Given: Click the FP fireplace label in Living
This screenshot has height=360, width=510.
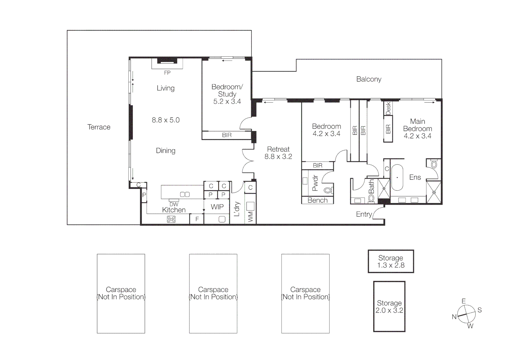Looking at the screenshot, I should (167, 73).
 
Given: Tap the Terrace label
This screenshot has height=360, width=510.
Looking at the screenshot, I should (99, 127).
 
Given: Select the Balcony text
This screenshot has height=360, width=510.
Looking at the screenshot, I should (369, 79).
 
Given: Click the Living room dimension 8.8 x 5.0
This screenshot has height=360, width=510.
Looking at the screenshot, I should (166, 120).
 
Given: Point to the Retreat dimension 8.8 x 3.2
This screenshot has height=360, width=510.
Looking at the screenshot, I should (278, 157).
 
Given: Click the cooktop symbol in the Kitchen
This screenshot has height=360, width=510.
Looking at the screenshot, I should (171, 219).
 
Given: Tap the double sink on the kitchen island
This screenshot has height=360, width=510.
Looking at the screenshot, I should (185, 194).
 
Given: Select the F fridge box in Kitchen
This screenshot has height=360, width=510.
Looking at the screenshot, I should (197, 219).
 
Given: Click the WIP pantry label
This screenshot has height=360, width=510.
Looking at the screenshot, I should (217, 207).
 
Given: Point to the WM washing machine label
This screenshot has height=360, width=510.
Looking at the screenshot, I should (250, 217).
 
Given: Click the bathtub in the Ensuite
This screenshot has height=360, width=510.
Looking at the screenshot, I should (397, 177).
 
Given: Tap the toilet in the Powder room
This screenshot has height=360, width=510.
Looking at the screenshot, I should (328, 190).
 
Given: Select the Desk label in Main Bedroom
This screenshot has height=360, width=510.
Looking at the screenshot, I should (388, 109).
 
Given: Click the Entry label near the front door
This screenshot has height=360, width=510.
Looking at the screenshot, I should (364, 214).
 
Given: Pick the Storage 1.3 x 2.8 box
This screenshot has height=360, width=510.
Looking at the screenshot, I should (391, 261).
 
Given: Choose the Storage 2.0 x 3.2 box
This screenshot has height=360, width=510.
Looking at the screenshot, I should (389, 307).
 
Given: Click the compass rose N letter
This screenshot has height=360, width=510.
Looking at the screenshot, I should (454, 317).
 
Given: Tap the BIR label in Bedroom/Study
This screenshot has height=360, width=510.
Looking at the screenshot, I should (227, 135).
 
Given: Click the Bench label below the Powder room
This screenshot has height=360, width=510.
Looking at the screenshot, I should (318, 200).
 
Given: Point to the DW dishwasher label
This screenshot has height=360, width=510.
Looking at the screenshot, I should (174, 204).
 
